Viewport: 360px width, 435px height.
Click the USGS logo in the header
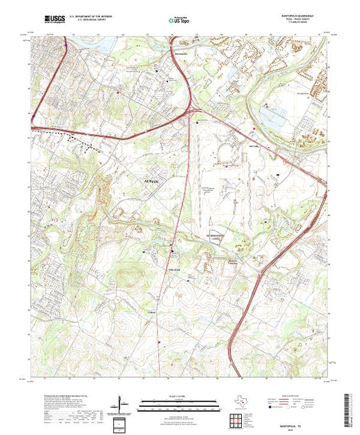coord(54,19)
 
